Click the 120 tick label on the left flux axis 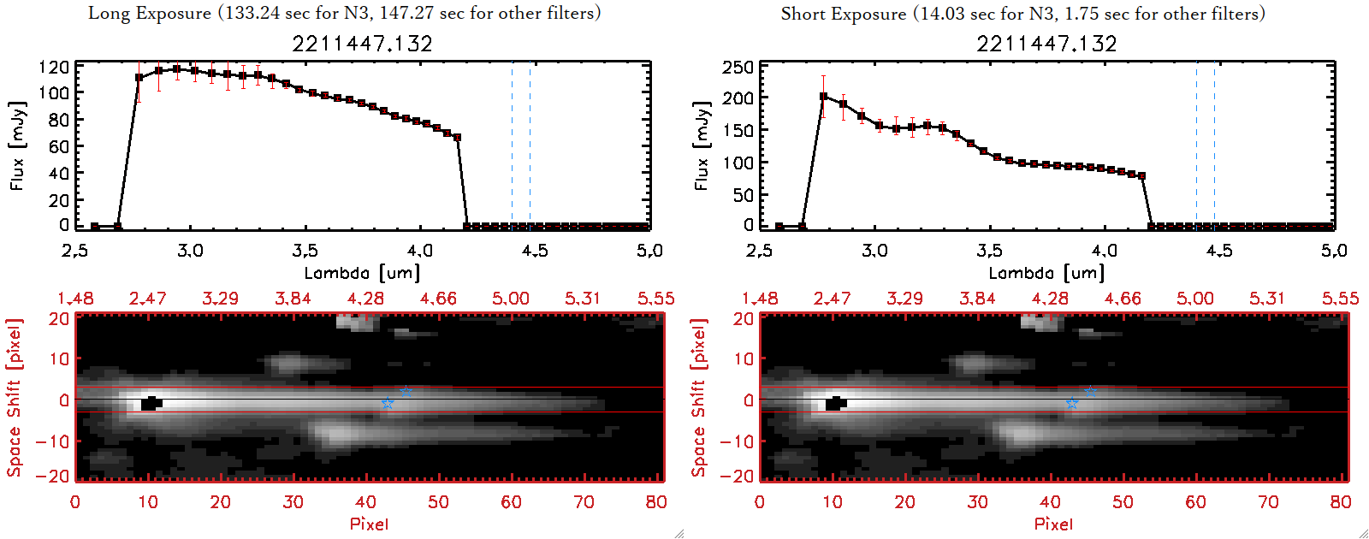[x=54, y=67]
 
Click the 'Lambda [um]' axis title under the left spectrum [x=362, y=273]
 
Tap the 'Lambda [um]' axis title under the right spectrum [x=1046, y=273]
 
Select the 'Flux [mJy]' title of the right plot [x=702, y=145]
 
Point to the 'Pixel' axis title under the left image [x=369, y=524]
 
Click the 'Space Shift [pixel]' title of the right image [x=699, y=397]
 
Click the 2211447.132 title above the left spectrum [x=362, y=44]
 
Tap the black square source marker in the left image [x=151, y=403]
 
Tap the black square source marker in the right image [x=835, y=403]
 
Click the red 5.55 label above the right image [x=1340, y=299]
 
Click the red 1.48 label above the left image [x=75, y=299]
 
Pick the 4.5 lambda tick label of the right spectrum [x=1219, y=251]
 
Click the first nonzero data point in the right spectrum [x=823, y=97]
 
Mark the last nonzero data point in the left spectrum [x=458, y=137]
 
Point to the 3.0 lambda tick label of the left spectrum [x=190, y=251]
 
